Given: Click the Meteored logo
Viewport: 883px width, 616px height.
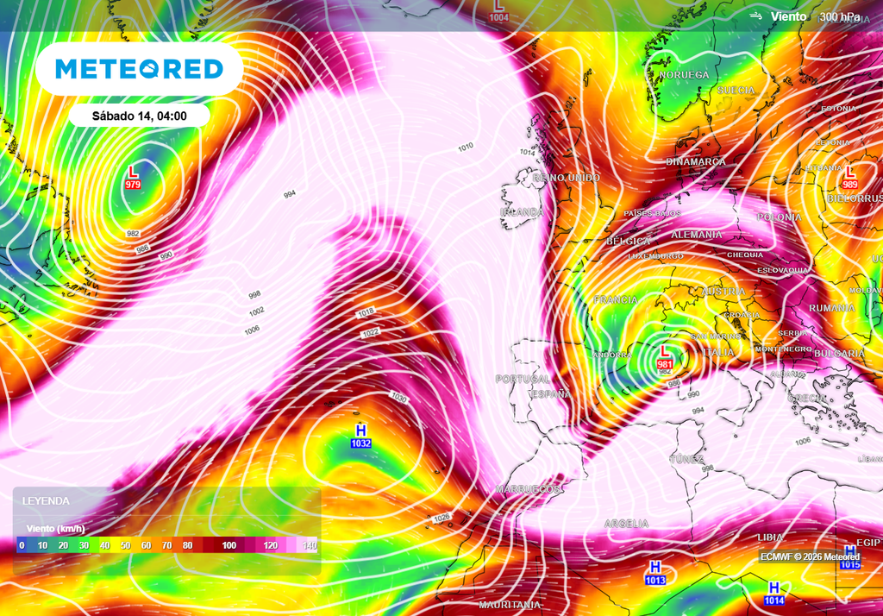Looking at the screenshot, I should point(139,69).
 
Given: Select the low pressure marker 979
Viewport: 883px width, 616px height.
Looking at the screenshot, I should point(133,178).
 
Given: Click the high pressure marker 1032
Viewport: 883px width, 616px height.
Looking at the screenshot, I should point(360,437).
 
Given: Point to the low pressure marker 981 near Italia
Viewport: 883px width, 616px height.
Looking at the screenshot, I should point(665,358).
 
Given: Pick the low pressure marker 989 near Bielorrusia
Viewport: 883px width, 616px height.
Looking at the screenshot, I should point(850,178).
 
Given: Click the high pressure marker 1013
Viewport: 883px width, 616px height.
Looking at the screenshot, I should point(655,574).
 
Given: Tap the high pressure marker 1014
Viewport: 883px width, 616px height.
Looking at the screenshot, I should point(774,594).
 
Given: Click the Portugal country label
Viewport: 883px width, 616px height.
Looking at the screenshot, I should point(523,379).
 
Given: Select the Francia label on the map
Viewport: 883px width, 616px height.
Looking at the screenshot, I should point(616,300).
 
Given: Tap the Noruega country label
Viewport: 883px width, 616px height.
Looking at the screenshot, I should point(684,76).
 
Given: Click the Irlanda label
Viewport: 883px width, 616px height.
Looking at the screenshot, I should point(523,212).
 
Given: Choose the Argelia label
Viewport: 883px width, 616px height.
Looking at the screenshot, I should point(626,524).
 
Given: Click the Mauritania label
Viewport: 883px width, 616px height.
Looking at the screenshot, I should point(509,605).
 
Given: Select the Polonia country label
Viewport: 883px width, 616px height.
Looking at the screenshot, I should point(779,217).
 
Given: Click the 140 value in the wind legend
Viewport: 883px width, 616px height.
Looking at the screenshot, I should point(309,545).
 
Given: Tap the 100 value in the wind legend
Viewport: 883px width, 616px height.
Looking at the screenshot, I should point(229,545).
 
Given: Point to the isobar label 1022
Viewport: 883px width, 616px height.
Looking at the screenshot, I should point(371,332).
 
